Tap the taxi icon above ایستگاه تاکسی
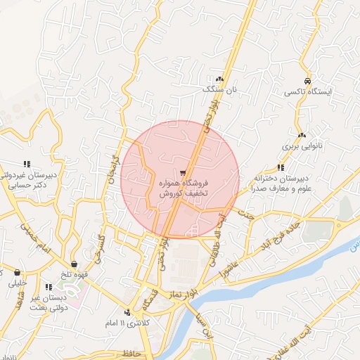[308, 80]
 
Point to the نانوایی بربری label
[301, 147]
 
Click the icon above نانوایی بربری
[302, 135]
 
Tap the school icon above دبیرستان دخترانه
[281, 167]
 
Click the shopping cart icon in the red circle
[183, 172]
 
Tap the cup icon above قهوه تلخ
[74, 264]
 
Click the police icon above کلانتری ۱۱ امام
[127, 312]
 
